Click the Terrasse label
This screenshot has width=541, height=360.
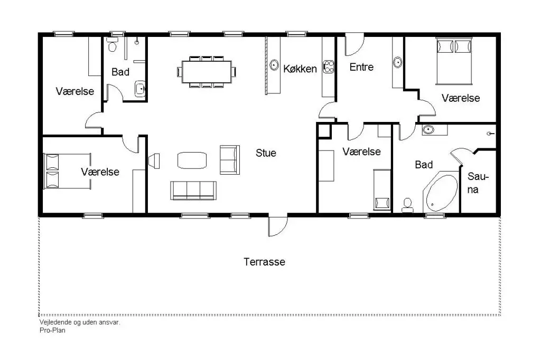264,262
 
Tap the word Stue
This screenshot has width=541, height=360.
266,153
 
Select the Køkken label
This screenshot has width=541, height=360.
300,69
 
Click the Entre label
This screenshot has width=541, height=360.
361,67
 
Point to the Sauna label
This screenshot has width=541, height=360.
478,183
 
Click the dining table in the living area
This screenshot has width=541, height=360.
207,72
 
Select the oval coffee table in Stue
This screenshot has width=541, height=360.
192,160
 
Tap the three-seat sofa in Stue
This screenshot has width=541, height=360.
193,191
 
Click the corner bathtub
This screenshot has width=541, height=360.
441,192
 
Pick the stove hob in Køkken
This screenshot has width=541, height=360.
329,67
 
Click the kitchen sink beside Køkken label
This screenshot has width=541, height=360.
274,65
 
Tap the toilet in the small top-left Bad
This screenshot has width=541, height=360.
112,44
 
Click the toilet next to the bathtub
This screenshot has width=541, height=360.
407,205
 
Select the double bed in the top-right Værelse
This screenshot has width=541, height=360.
453,61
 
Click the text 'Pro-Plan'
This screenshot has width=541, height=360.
52,330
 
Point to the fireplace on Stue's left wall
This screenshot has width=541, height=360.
154,161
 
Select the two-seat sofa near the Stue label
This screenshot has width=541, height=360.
230,159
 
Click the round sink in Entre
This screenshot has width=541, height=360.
397,62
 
